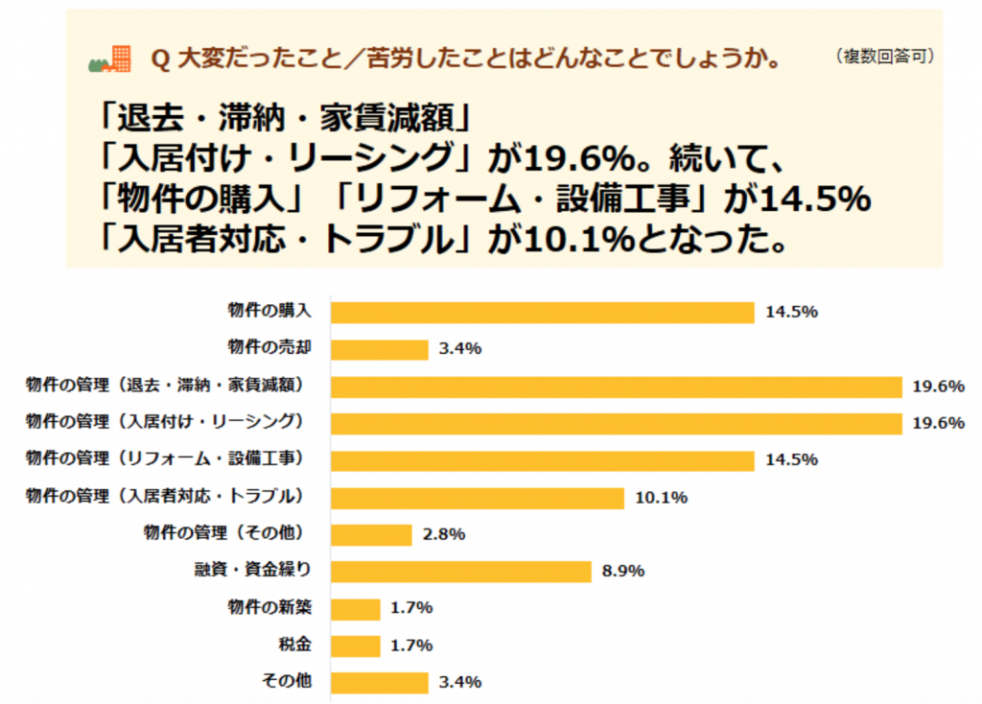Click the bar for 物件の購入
point(542,312)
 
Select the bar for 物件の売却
point(379,349)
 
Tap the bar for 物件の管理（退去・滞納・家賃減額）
point(616,387)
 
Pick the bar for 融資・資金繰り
point(460,572)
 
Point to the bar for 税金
point(355,645)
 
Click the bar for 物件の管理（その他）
point(371,534)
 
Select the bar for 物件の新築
point(355,608)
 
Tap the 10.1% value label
point(661,498)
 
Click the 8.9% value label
point(623,572)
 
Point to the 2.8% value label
point(444,534)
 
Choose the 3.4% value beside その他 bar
point(460,683)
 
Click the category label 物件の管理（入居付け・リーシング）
point(164,421)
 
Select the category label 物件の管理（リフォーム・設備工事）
point(164,458)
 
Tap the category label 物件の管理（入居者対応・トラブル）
point(164,496)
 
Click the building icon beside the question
point(110,59)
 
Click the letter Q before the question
point(160,60)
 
